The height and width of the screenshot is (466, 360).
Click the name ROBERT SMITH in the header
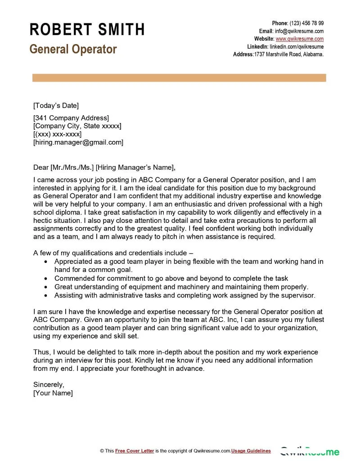point(87,29)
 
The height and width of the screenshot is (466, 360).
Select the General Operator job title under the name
point(73,49)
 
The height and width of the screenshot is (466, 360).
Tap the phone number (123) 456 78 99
point(306,23)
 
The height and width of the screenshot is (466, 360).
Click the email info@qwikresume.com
point(299,31)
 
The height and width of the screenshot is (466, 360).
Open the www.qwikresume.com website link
point(299,39)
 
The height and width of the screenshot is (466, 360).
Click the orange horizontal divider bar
point(179,78)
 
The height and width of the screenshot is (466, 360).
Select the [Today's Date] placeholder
point(56,106)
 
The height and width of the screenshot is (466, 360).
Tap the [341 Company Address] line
point(71,118)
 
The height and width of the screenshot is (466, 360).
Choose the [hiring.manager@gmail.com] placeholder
point(78,142)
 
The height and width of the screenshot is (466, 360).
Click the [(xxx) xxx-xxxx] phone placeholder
point(57,134)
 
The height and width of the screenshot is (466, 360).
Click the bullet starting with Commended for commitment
point(171,278)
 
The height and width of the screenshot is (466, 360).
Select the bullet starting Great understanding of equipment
point(181,287)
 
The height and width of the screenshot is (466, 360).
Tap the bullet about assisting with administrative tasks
point(184,295)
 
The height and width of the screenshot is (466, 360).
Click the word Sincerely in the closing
point(49,385)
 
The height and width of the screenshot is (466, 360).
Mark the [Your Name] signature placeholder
point(53,393)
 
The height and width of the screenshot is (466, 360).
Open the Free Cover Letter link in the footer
point(135,451)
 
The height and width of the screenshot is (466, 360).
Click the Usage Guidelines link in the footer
point(251,451)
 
